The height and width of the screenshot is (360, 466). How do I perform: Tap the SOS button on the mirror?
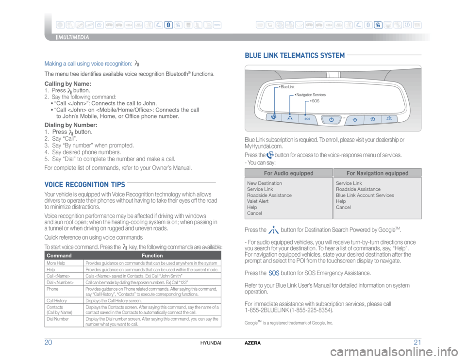[x=307, y=118]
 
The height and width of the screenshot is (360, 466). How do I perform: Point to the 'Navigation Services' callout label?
[x=311, y=95]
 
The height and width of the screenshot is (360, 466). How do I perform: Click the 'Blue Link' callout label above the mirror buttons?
[x=288, y=87]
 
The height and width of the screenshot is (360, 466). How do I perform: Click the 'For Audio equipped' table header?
[x=288, y=173]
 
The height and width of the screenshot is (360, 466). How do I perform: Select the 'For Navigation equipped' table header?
[x=377, y=173]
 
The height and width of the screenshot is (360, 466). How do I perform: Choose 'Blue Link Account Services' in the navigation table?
[x=365, y=195]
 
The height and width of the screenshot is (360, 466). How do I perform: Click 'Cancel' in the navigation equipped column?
[x=344, y=207]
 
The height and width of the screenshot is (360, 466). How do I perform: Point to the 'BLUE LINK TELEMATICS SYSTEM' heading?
[x=296, y=55]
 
